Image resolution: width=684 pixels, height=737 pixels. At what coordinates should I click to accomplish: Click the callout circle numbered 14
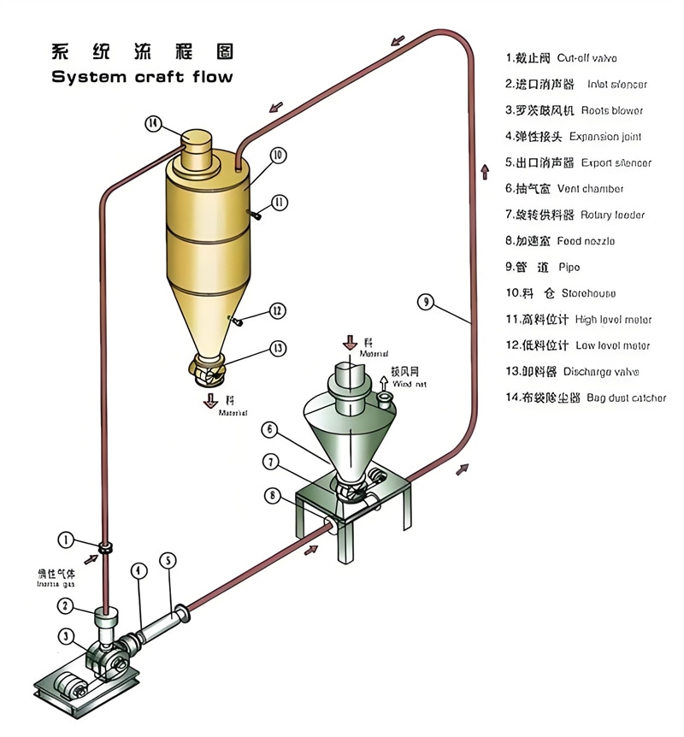tap(153, 123)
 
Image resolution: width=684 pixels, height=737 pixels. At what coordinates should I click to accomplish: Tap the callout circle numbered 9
tap(427, 300)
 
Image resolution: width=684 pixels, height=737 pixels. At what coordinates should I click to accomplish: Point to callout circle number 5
tap(168, 561)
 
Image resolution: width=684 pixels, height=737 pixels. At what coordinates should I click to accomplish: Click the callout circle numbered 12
tap(277, 311)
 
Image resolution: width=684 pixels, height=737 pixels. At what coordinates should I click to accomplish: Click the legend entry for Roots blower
tap(574, 110)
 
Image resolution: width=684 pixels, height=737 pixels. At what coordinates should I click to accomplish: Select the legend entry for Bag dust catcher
tap(586, 398)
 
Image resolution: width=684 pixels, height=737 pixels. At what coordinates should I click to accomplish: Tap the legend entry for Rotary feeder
tap(574, 215)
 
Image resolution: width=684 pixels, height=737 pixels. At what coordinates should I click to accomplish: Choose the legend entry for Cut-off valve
tap(561, 58)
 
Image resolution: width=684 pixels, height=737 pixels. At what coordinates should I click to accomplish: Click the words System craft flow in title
tap(142, 77)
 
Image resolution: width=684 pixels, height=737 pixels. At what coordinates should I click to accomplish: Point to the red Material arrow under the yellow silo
tap(210, 401)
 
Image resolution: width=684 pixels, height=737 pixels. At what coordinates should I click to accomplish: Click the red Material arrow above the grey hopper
tap(351, 342)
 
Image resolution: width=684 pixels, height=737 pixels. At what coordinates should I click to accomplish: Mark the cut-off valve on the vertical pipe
tap(104, 547)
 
